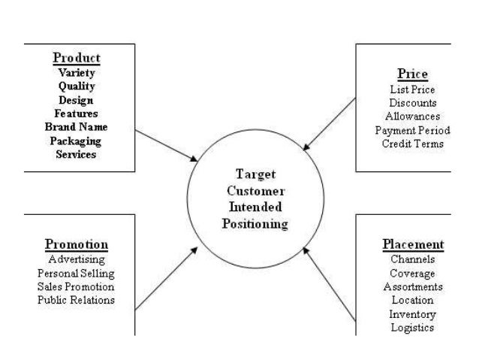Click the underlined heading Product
pyautogui.click(x=76, y=58)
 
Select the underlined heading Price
pyautogui.click(x=413, y=74)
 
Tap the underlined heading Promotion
pyautogui.click(x=76, y=245)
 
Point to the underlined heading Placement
pyautogui.click(x=412, y=245)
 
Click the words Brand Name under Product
pyautogui.click(x=76, y=127)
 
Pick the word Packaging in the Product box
pyautogui.click(x=76, y=141)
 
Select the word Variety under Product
pyautogui.click(x=76, y=73)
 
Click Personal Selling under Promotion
pyautogui.click(x=76, y=273)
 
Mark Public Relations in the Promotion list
pyautogui.click(x=76, y=300)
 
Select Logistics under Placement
pyautogui.click(x=412, y=328)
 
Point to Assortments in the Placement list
pyautogui.click(x=412, y=286)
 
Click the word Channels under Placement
pyautogui.click(x=412, y=259)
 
